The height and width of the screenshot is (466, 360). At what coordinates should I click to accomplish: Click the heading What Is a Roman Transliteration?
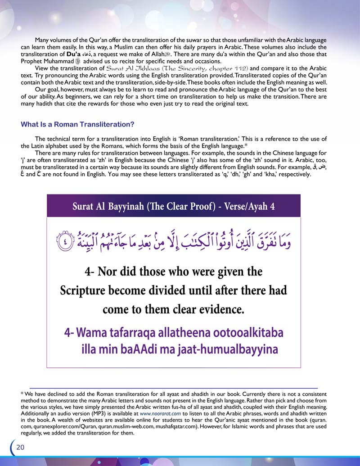tap(78, 124)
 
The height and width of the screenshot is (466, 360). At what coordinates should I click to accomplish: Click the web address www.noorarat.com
tap(161, 412)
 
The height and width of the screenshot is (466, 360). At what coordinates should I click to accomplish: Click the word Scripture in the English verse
tap(86, 290)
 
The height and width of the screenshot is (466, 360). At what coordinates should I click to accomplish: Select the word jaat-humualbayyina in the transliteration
tap(233, 350)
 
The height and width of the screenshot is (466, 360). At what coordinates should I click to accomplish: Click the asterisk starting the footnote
tap(22, 393)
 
